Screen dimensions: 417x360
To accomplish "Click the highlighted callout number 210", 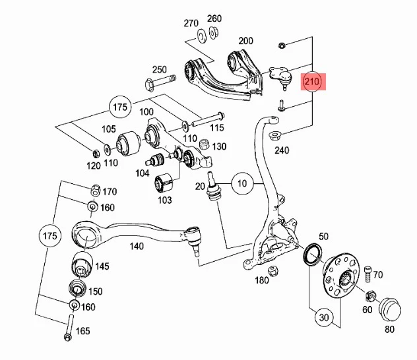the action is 313,82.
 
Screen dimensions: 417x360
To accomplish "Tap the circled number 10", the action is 242,183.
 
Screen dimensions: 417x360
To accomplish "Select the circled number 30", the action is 324,318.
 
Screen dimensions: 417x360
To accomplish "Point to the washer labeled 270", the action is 202,36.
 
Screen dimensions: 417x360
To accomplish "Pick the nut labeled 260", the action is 213,32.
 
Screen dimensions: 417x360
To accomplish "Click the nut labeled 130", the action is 205,144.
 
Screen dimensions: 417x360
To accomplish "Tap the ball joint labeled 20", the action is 213,187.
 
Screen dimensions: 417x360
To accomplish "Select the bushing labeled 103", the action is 164,183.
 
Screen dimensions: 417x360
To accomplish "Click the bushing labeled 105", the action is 129,143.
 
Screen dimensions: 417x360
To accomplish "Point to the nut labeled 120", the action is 96,154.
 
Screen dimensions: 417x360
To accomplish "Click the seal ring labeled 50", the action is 313,254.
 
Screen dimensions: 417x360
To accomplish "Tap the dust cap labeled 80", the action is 389,311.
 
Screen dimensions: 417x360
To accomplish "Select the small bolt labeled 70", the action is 367,274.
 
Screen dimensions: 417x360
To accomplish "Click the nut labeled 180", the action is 273,271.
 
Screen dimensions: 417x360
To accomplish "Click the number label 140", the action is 137,247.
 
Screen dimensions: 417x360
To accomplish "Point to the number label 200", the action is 245,41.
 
